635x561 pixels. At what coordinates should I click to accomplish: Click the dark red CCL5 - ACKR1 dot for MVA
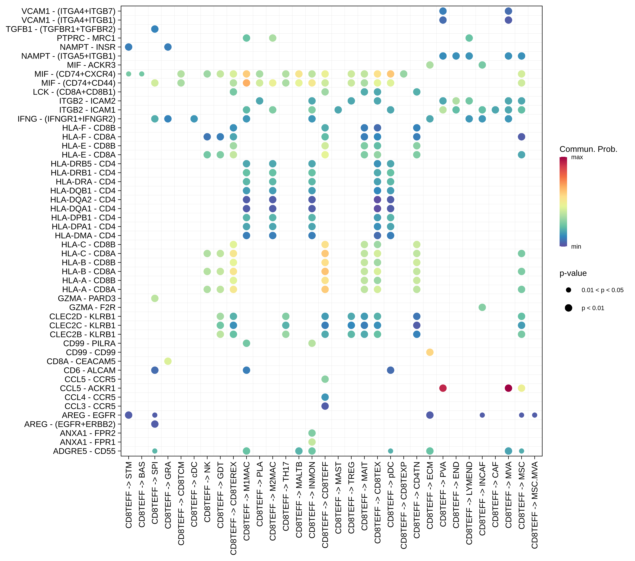pyautogui.click(x=508, y=388)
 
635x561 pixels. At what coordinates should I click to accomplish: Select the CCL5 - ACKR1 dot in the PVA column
pyautogui.click(x=443, y=388)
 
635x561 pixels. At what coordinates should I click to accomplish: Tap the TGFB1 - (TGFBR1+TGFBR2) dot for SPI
pyautogui.click(x=155, y=29)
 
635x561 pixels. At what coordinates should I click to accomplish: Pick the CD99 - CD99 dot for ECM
pyautogui.click(x=430, y=352)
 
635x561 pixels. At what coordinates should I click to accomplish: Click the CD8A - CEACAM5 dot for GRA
pyautogui.click(x=168, y=361)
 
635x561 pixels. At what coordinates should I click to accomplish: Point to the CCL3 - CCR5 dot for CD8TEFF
pyautogui.click(x=325, y=406)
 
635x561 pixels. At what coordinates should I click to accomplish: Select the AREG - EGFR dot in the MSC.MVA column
pyautogui.click(x=535, y=415)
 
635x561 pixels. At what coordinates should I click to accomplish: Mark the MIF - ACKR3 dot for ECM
pyautogui.click(x=430, y=65)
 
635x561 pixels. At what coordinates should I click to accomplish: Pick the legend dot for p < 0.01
pyautogui.click(x=569, y=308)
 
